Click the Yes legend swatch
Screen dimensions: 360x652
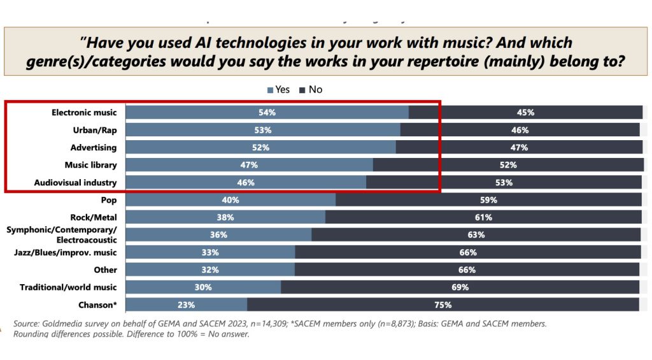click(x=270, y=90)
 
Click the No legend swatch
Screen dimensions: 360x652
click(x=303, y=90)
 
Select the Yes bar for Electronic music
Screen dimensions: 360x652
click(x=267, y=113)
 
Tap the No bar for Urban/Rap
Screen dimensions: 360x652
click(x=520, y=130)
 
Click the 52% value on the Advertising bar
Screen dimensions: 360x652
click(x=261, y=147)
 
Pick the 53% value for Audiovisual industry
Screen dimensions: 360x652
click(x=504, y=182)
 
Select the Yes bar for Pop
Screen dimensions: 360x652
click(x=230, y=199)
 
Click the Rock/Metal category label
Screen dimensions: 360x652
click(x=94, y=217)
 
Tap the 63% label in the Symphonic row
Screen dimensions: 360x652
click(x=476, y=234)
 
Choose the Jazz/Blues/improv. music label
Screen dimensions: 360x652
click(x=66, y=252)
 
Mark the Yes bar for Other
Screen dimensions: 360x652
click(x=210, y=270)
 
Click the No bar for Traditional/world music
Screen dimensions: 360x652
click(x=460, y=287)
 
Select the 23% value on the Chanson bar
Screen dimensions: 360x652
click(x=187, y=305)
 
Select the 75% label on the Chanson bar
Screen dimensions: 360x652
click(x=443, y=305)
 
